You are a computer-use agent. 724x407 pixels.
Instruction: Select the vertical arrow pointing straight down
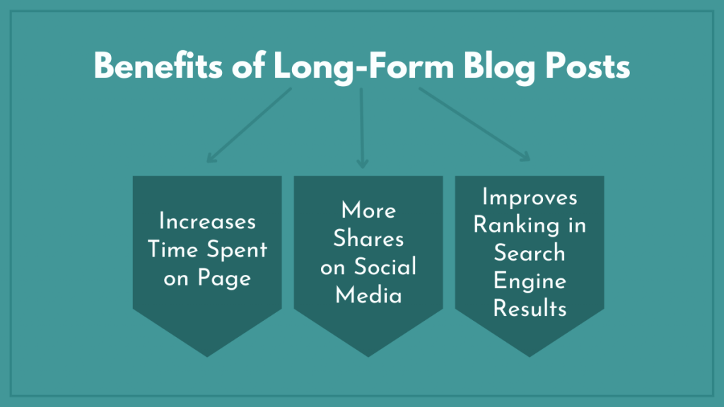362,127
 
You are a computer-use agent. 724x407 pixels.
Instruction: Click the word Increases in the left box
207,221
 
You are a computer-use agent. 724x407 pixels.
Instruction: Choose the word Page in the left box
225,278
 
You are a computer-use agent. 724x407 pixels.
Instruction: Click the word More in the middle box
368,210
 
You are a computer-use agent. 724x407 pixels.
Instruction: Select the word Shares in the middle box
368,238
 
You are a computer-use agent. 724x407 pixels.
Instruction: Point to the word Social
385,266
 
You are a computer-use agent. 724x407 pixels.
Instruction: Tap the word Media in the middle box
368,295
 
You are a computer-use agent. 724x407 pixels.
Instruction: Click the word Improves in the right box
530,197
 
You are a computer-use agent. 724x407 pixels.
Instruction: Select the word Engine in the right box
530,281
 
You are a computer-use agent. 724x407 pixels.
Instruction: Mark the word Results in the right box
530,309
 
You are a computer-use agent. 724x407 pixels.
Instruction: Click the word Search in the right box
530,253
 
